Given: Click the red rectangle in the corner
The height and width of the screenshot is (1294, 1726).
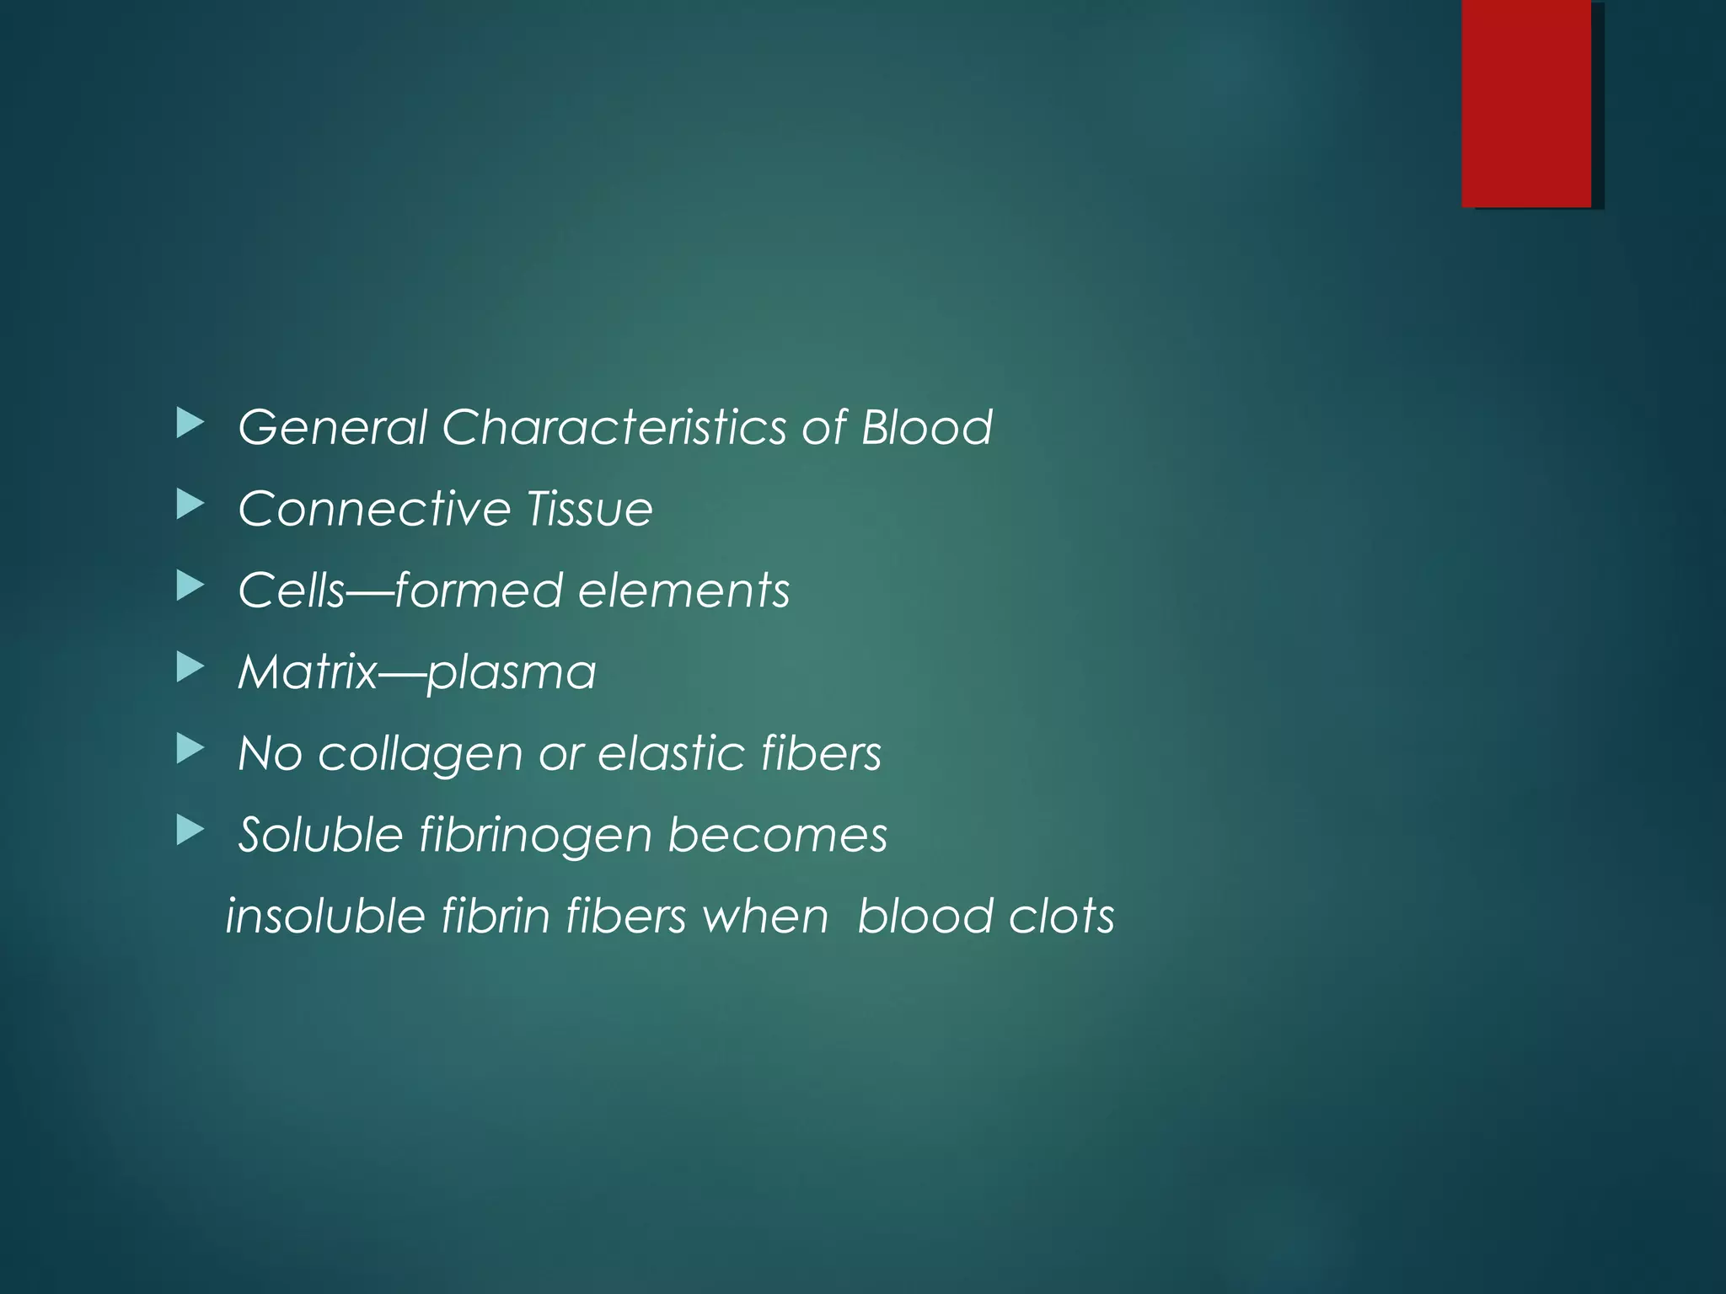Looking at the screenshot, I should coord(1526,104).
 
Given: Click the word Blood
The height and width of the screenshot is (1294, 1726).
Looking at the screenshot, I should coord(926,427).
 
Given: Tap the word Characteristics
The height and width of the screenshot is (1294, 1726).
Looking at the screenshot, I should coord(614,427).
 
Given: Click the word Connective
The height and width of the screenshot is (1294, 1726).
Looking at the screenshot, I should coord(374,509).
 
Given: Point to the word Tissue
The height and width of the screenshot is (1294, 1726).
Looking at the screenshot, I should coord(589,509).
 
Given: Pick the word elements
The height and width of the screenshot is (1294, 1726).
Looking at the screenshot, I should coord(683,590).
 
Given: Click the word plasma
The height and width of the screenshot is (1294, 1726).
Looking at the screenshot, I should coord(511,672).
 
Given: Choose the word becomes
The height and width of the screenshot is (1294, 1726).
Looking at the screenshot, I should coord(777,835).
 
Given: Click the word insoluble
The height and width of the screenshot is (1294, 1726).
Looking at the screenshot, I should coord(325,916).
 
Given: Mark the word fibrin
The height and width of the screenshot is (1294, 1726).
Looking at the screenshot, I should coord(495,916).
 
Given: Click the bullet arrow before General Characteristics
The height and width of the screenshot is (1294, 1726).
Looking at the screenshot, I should coord(190,424).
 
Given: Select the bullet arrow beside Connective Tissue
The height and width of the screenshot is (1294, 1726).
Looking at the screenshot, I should coord(190,505).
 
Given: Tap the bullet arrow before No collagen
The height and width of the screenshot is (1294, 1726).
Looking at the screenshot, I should coord(190,750).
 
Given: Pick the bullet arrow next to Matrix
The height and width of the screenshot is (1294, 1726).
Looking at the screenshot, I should coord(190,669).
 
